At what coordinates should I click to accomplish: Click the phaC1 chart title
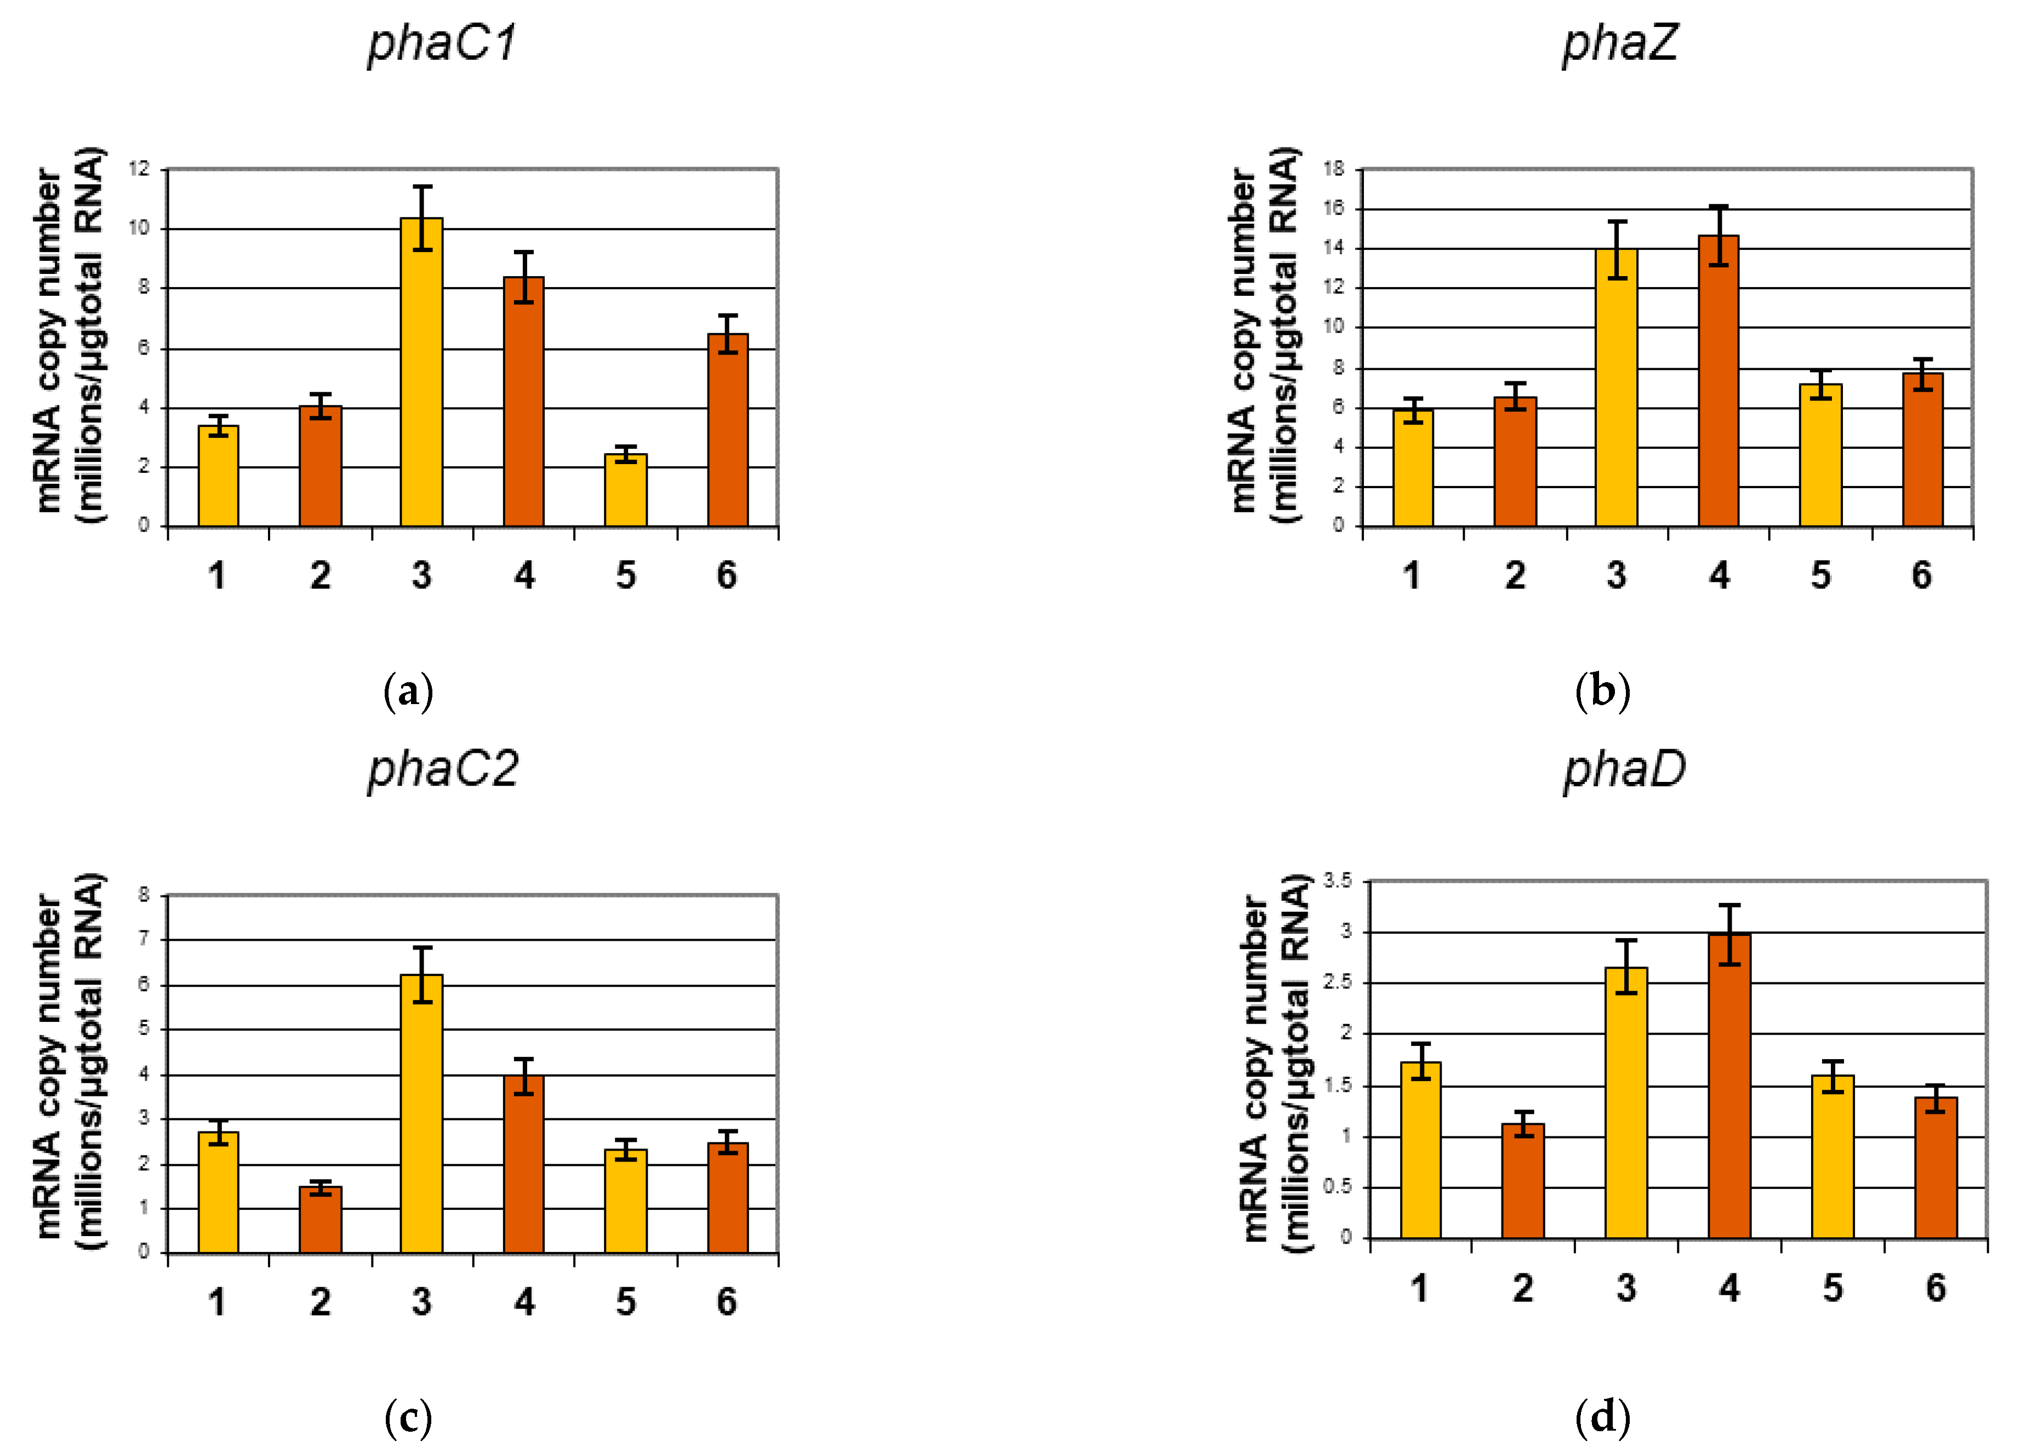[442, 43]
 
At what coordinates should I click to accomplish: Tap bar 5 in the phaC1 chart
[626, 490]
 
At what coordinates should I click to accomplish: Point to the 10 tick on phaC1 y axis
[139, 228]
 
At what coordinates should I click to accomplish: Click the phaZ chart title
[1619, 43]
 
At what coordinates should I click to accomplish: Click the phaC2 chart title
[442, 769]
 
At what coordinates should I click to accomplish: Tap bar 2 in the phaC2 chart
[320, 1220]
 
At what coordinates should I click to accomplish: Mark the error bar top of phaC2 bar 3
[423, 948]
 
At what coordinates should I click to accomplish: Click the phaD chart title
[1624, 769]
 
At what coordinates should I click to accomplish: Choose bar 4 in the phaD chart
[1729, 1086]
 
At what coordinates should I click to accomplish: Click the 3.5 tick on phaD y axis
[1337, 881]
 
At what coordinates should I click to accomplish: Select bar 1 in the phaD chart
[1420, 1149]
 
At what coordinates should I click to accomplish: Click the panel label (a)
[408, 691]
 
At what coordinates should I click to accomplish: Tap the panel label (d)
[1602, 1417]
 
